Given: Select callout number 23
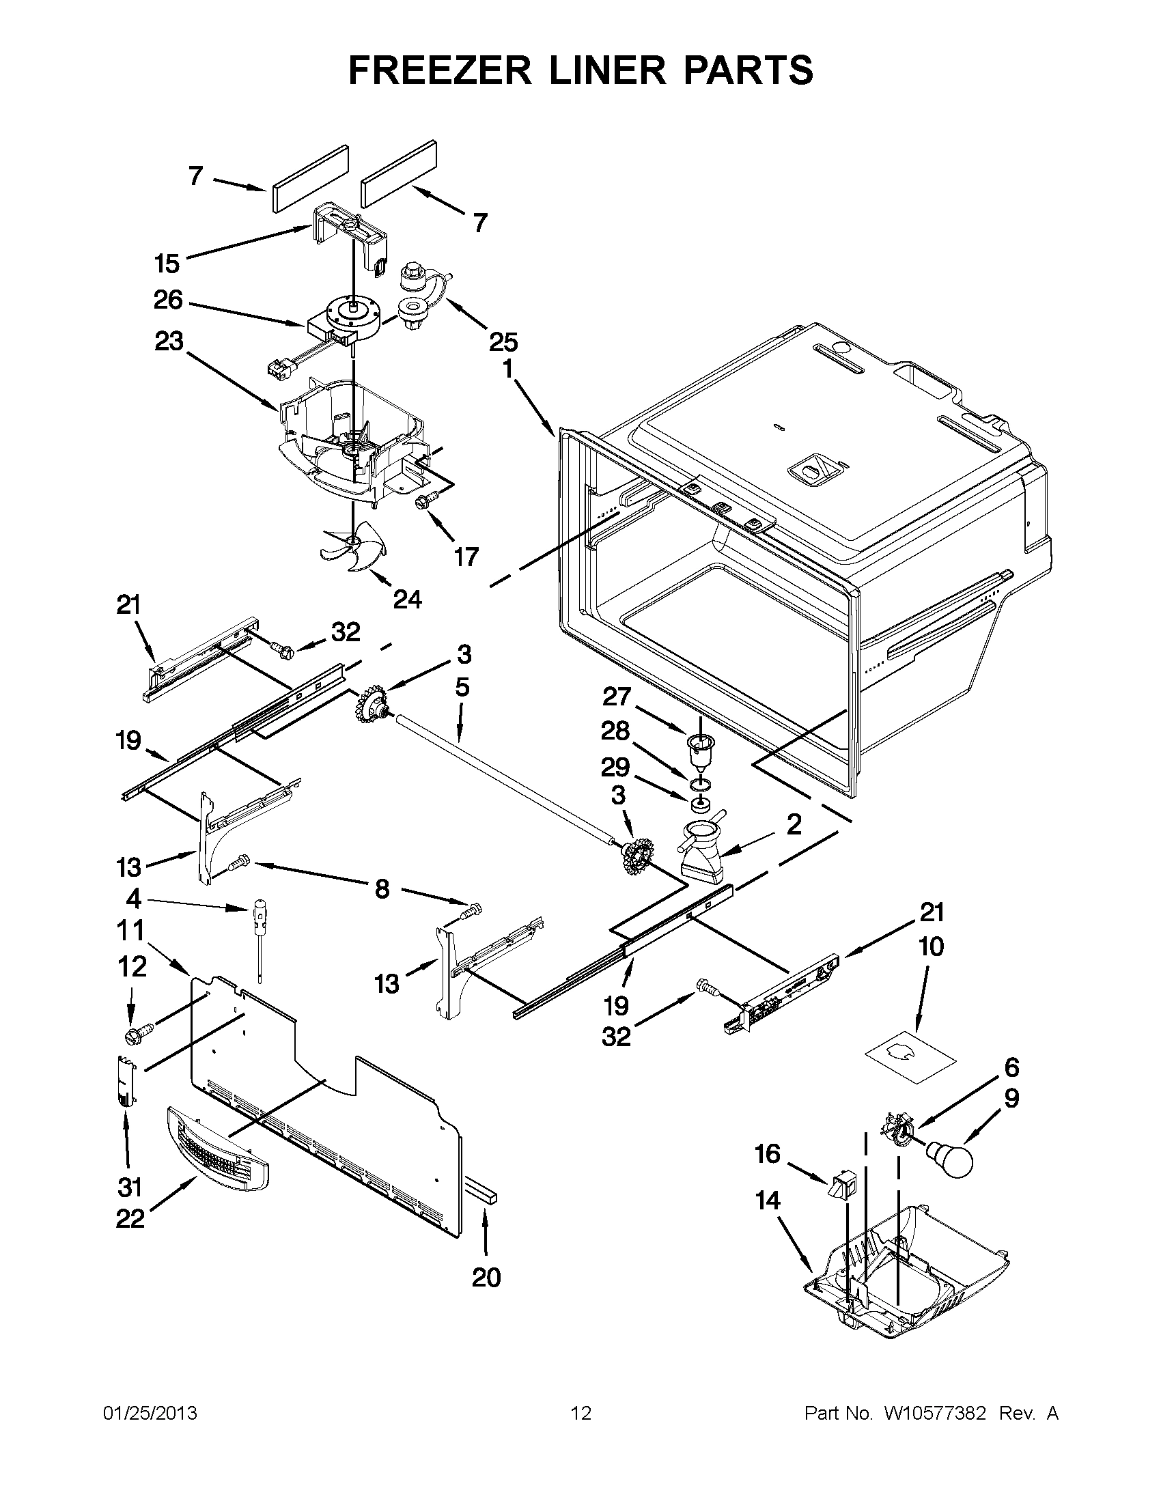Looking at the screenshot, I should pos(169,341).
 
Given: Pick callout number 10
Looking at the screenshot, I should pos(930,947).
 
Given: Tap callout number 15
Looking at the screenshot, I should pos(167,264).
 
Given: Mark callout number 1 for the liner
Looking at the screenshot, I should pos(508,370).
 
